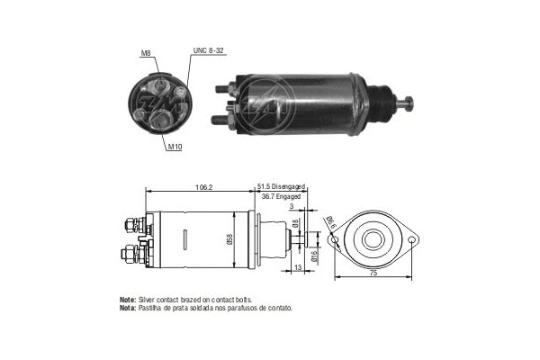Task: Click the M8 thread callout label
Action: coord(146,53)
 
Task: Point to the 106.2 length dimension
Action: coord(203,187)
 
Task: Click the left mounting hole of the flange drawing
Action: coord(335,240)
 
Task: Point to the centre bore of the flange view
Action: coord(373,240)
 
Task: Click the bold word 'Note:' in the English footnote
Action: coord(127,299)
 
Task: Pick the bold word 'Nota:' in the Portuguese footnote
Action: coord(127,307)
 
